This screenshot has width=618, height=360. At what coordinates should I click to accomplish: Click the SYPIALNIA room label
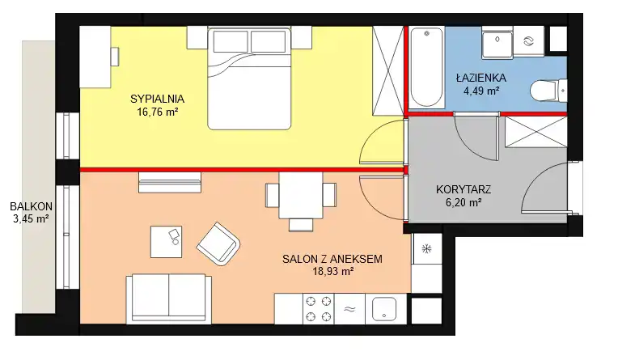click(x=157, y=99)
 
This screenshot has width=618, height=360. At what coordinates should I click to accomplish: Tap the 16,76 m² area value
click(x=157, y=112)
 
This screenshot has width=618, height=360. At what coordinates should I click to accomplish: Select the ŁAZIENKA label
click(x=481, y=78)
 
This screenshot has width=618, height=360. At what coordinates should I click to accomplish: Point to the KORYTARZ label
click(x=463, y=189)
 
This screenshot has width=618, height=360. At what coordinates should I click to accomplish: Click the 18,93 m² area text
click(x=332, y=271)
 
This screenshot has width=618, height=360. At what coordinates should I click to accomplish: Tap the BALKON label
click(x=31, y=206)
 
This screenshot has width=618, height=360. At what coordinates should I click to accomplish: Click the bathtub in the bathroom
click(x=426, y=67)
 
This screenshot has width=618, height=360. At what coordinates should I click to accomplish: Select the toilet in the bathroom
click(x=548, y=91)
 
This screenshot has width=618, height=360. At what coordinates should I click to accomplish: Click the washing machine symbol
click(x=528, y=41)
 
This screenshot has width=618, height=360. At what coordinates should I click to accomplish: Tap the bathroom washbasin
click(x=497, y=43)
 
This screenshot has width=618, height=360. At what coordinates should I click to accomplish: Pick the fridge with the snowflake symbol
click(x=426, y=249)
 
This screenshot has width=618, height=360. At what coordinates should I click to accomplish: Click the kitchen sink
click(x=384, y=309)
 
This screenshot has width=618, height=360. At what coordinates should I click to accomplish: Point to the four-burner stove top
click(x=319, y=309)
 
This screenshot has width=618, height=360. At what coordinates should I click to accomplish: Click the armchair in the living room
click(x=218, y=244)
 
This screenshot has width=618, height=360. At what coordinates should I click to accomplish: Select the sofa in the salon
click(x=169, y=299)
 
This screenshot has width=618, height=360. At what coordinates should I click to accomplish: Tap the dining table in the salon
click(x=301, y=195)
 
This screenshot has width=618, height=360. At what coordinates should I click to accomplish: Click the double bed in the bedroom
click(x=249, y=78)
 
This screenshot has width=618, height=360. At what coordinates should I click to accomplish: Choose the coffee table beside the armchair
click(x=166, y=242)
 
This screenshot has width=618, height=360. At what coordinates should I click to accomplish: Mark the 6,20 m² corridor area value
click(x=463, y=203)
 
